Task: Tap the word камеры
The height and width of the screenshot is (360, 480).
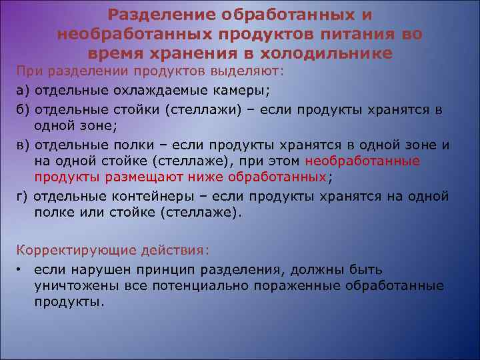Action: tap(243, 90)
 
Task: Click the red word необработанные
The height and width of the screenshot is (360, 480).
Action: tap(362, 161)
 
